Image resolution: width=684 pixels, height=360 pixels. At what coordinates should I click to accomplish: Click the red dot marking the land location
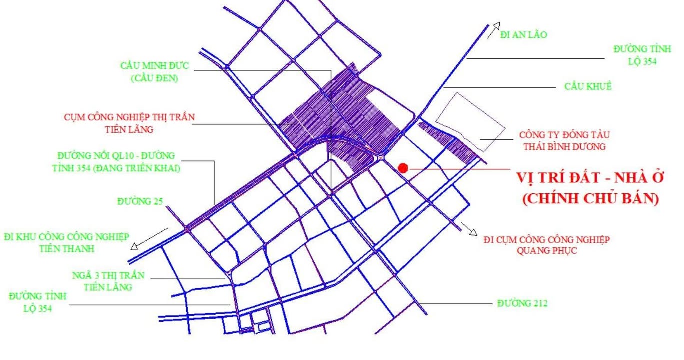pyautogui.click(x=403, y=168)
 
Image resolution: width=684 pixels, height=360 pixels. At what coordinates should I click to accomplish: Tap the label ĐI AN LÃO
pyautogui.click(x=524, y=35)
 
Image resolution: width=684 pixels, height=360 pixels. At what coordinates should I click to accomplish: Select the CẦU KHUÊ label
pyautogui.click(x=588, y=86)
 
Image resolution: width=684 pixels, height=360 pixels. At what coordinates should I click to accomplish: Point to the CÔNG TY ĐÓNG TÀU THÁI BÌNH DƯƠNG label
pyautogui.click(x=564, y=141)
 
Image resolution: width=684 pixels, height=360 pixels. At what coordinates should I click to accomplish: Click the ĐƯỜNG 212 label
pyautogui.click(x=522, y=303)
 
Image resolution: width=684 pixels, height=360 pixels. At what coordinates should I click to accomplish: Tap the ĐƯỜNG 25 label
pyautogui.click(x=140, y=201)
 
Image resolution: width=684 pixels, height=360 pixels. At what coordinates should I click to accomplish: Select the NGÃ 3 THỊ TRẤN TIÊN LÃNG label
pyautogui.click(x=108, y=281)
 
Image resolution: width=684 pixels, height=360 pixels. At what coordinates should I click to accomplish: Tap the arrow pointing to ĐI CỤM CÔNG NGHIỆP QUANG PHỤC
pyautogui.click(x=471, y=229)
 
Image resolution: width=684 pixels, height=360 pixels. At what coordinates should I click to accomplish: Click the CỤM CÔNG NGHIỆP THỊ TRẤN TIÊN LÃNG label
pyautogui.click(x=129, y=123)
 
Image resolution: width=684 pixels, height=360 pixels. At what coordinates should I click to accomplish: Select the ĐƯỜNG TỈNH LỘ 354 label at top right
pyautogui.click(x=642, y=55)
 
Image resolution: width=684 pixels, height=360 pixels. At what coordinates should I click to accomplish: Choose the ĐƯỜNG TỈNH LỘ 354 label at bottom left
pyautogui.click(x=38, y=302)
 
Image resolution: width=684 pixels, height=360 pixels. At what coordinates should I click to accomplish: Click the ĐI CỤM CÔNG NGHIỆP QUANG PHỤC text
pyautogui.click(x=546, y=245)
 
